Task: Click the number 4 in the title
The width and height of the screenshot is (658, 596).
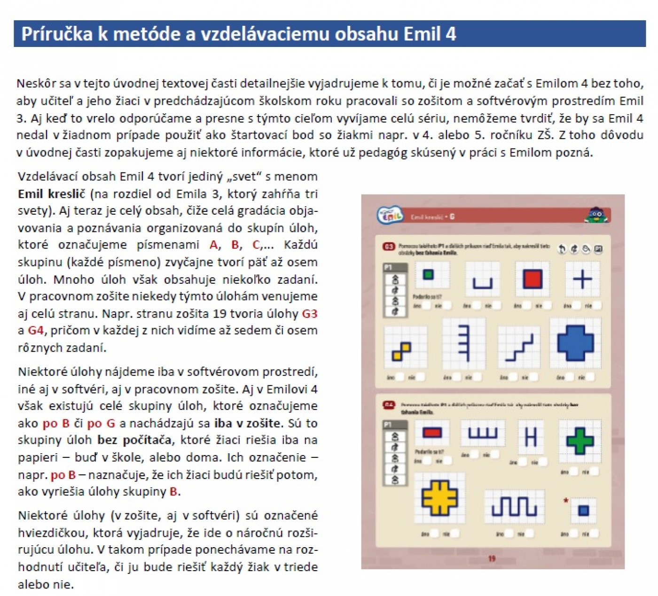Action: pyautogui.click(x=450, y=34)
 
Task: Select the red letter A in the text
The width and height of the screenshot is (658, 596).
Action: pyautogui.click(x=214, y=245)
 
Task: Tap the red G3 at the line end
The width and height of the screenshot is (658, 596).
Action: pyautogui.click(x=309, y=314)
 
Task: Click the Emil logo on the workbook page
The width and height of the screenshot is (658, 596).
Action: pyautogui.click(x=390, y=217)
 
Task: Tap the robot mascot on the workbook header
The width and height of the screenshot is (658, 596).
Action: pyautogui.click(x=596, y=215)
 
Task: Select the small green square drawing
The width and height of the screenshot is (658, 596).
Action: pyautogui.click(x=428, y=274)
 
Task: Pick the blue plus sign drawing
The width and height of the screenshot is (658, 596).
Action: pyautogui.click(x=582, y=279)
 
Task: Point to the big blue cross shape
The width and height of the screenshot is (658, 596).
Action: pyautogui.click(x=575, y=344)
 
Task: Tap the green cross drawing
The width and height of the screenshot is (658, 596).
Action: pyautogui.click(x=580, y=441)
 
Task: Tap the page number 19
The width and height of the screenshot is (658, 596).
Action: pyautogui.click(x=492, y=558)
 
